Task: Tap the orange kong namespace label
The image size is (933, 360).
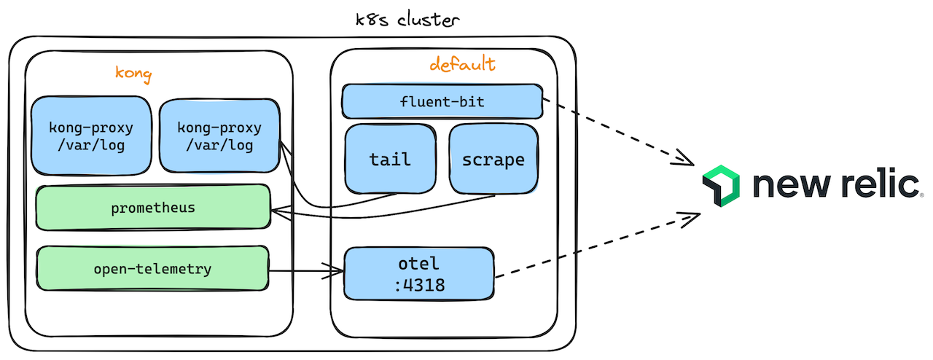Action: (133, 74)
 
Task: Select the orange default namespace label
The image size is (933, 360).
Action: (462, 65)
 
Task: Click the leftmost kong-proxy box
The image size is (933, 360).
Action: (91, 136)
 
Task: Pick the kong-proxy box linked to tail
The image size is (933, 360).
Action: (219, 136)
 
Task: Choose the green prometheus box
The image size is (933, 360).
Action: (153, 208)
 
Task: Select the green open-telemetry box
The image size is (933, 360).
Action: (152, 269)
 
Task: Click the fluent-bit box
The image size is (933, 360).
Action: (442, 101)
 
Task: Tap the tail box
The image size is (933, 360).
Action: (390, 159)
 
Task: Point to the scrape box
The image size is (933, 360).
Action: (493, 159)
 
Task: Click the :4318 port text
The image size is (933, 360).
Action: (418, 285)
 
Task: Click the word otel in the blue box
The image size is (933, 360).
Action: (418, 262)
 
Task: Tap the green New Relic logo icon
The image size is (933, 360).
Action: (721, 184)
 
